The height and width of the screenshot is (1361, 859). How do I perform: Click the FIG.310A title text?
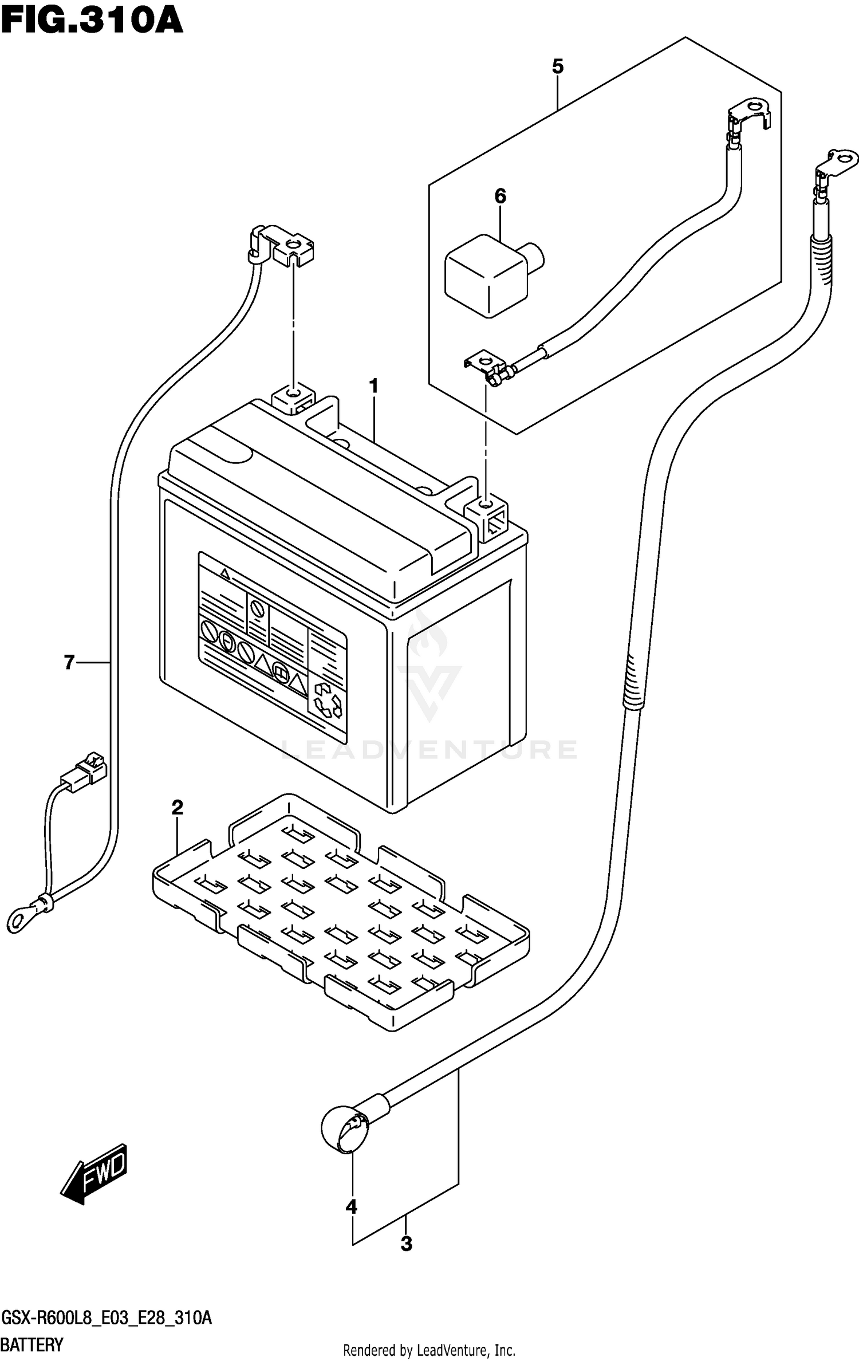tap(92, 21)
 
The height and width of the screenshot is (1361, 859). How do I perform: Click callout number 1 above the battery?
tap(374, 387)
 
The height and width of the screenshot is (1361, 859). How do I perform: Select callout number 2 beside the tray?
tap(178, 808)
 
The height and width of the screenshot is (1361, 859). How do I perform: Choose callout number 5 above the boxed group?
tap(557, 67)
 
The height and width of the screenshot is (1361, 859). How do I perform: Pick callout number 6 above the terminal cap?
tap(500, 196)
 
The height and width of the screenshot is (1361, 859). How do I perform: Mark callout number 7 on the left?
tap(69, 662)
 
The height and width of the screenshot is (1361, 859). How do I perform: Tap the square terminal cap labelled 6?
tap(488, 274)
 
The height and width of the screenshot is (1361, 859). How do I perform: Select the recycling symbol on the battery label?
tap(327, 701)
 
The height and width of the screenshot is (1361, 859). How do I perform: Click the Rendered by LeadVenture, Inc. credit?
tap(429, 1346)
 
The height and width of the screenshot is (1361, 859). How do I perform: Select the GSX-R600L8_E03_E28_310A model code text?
tap(107, 1316)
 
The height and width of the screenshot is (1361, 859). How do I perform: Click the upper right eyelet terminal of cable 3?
tap(841, 158)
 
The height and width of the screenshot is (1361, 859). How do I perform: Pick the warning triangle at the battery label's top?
tap(225, 573)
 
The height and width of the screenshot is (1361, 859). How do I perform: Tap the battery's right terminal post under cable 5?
tap(486, 505)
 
